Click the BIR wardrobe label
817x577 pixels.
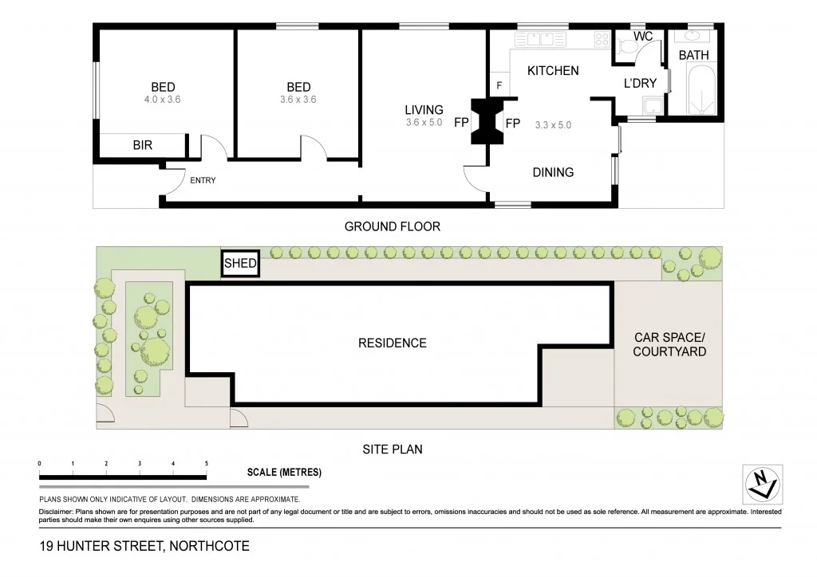[142, 145]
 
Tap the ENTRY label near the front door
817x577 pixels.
[203, 180]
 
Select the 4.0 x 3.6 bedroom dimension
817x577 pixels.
[164, 100]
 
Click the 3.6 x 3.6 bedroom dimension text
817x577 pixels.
[298, 100]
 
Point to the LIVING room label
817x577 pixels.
[424, 110]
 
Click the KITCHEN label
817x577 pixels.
[553, 71]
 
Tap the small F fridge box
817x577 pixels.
[499, 85]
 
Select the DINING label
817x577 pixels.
[552, 172]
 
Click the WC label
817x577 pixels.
[643, 37]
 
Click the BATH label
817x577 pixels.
[693, 55]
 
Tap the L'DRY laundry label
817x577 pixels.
[640, 84]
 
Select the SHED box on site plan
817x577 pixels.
[240, 264]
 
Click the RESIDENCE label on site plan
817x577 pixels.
[392, 343]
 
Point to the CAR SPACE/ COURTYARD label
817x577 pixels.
[669, 344]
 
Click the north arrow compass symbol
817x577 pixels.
[762, 484]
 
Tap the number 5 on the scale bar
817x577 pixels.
[207, 463]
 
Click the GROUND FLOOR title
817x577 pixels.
[392, 226]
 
